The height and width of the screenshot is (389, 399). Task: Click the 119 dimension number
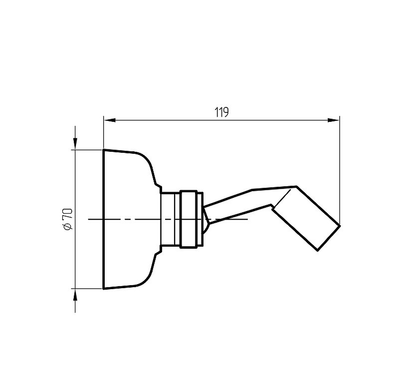pos(221,112)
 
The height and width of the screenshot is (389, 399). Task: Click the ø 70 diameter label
pos(68,219)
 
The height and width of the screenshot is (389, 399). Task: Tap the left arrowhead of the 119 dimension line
pos(110,120)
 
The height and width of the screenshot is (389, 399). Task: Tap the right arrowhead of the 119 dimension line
pos(333,120)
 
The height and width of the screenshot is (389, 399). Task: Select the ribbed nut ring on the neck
pos(189,219)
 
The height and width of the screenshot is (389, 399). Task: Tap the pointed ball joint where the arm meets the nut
pos(206,219)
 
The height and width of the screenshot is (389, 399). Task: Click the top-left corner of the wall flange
pos(103,149)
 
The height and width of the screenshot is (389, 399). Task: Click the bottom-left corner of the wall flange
pos(103,289)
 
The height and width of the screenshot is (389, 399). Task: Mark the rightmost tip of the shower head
pos(340,225)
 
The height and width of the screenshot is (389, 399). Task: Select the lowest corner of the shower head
pos(318,251)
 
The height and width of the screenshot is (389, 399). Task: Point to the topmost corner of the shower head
pos(296,186)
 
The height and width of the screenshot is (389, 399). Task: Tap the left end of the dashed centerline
pos(89,219)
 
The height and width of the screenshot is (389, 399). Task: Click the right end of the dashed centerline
pos(248,219)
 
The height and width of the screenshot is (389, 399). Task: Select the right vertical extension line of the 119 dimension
pos(340,170)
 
